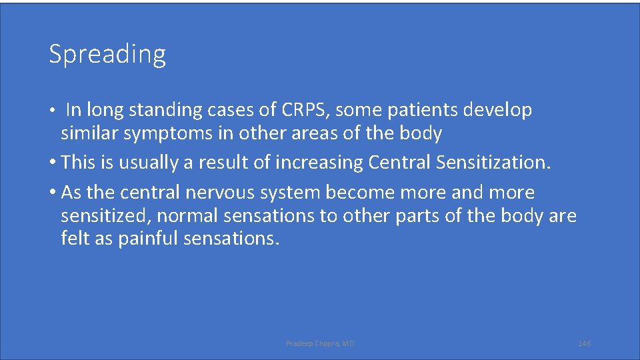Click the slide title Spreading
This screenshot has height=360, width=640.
click(x=107, y=54)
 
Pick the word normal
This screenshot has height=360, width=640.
click(x=185, y=216)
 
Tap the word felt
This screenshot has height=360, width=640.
click(x=73, y=238)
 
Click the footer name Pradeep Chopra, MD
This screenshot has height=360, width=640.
click(x=320, y=343)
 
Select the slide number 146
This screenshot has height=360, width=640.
click(x=584, y=343)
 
